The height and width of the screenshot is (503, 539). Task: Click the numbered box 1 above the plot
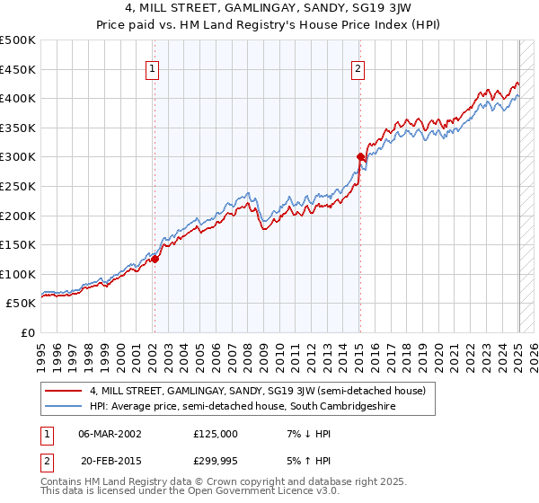(153, 68)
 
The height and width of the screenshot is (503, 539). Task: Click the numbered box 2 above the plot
(358, 68)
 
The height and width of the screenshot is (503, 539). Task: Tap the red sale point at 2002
(155, 259)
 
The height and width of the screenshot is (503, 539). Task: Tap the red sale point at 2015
(360, 157)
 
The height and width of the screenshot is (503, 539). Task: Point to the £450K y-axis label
(18, 69)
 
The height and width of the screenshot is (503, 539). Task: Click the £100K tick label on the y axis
(18, 274)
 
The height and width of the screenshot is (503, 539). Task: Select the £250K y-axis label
(18, 186)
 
